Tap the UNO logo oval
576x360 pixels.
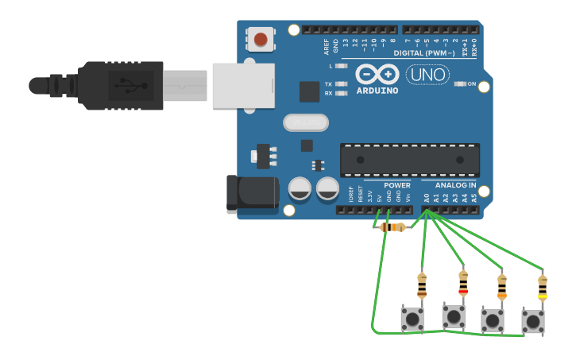[x=427, y=75]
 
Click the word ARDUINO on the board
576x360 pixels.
[x=377, y=90]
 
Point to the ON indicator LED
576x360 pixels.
[x=458, y=83]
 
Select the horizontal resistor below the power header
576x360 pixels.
[x=392, y=227]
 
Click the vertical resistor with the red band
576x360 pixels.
[x=463, y=282]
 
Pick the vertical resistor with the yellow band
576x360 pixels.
[x=543, y=287]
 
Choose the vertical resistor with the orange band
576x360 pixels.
[x=501, y=286]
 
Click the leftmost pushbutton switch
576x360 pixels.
[x=412, y=319]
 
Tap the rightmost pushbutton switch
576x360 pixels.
[x=533, y=321]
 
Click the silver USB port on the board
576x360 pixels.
[x=243, y=85]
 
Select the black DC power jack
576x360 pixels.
[x=253, y=194]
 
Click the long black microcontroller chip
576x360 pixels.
[x=409, y=160]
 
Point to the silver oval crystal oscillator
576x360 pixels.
[x=306, y=122]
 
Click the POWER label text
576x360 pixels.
[x=396, y=185]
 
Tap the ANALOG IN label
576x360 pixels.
[x=455, y=185]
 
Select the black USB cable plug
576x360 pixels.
[x=119, y=85]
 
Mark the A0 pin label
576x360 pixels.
[x=426, y=197]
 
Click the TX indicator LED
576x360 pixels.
[x=342, y=83]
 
